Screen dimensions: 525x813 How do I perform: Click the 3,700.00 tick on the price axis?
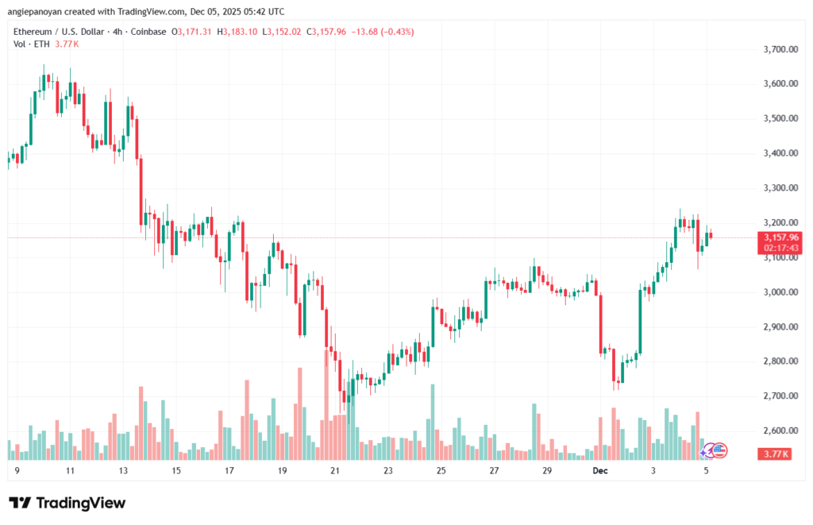click(780, 49)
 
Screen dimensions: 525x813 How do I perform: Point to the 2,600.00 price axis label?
click(780, 430)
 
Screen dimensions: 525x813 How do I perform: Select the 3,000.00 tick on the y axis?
click(780, 292)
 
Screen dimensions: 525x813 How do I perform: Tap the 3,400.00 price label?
click(780, 153)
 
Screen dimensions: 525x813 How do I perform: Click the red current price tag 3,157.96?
click(780, 237)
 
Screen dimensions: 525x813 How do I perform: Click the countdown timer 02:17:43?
click(780, 248)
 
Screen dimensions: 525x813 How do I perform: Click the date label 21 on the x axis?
click(335, 470)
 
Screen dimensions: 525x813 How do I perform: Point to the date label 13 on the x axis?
click(123, 470)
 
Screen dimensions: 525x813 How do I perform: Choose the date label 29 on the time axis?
click(547, 470)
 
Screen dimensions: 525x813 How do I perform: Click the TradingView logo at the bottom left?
click(67, 503)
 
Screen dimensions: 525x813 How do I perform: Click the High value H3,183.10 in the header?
click(242, 32)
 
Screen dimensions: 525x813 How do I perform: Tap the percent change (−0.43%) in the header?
click(396, 32)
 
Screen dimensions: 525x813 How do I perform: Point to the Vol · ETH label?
click(33, 44)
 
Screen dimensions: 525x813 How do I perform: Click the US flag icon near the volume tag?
click(719, 450)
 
